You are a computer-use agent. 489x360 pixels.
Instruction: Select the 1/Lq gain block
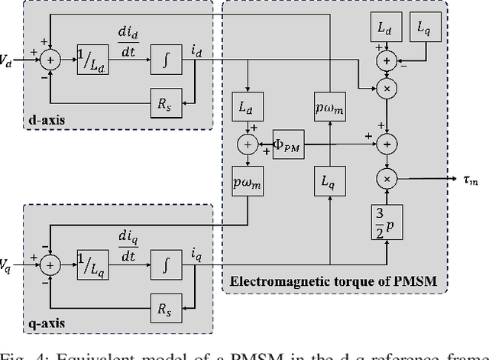[92, 264]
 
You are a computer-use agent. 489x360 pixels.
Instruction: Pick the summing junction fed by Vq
[50, 264]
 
